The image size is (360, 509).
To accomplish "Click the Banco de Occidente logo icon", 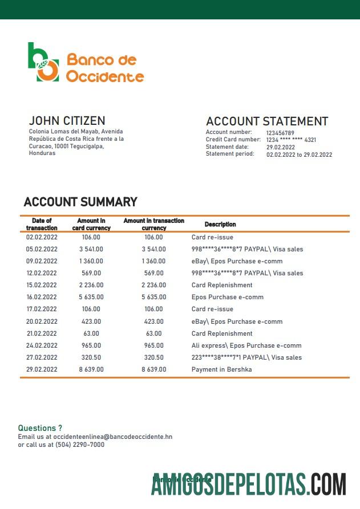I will tap(43, 62).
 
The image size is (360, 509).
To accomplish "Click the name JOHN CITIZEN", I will tap(67, 121).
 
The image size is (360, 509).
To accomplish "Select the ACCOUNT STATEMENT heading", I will tap(266, 121).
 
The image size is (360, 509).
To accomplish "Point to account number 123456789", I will tap(280, 133).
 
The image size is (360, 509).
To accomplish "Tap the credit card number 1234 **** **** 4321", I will tap(291, 140).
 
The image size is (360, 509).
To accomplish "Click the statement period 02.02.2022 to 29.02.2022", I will tap(299, 154).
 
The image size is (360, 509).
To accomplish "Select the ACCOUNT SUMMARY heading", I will tap(80, 202).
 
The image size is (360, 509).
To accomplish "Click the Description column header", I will tap(220, 225).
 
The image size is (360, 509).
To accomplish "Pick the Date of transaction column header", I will tap(42, 224).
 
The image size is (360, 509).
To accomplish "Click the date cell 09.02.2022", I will tap(42, 261).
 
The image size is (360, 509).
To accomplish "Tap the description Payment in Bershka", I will tap(221, 369).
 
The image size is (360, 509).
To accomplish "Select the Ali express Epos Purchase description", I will tap(246, 345).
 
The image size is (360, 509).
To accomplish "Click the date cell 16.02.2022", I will tap(42, 297).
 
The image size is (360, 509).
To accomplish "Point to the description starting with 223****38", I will tap(247, 357).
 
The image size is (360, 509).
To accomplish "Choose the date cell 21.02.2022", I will tap(42, 333).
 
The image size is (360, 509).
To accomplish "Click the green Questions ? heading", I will tap(40, 428).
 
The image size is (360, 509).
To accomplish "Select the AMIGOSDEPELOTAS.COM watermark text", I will tap(249, 484).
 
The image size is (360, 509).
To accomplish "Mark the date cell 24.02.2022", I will tap(42, 345).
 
